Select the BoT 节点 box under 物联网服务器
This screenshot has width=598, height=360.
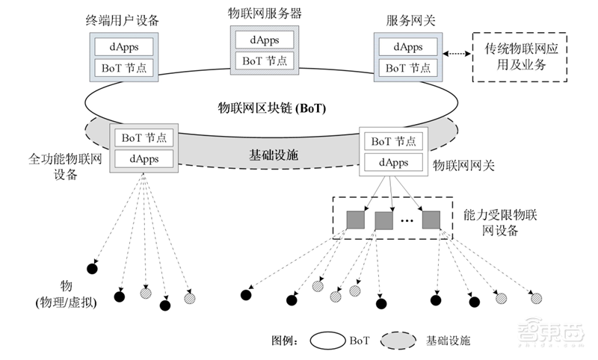[x=267, y=60]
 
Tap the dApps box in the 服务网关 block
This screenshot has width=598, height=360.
[x=409, y=46]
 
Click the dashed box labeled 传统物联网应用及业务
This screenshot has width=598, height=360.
[x=520, y=58]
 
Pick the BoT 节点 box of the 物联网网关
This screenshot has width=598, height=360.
[x=393, y=140]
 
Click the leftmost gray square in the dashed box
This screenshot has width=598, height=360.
[x=354, y=220]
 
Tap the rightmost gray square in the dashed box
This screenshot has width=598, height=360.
[x=431, y=220]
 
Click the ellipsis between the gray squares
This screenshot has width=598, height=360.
[x=407, y=222]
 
